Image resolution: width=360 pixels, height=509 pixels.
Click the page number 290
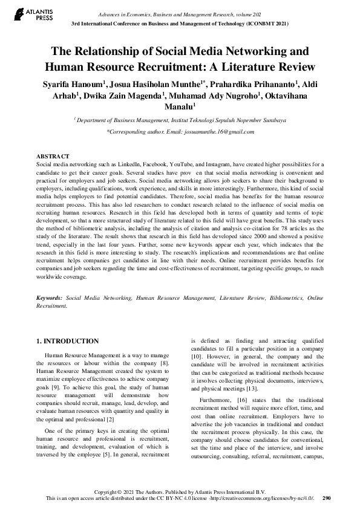click(327, 499)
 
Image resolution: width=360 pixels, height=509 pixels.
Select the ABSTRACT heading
click(53, 156)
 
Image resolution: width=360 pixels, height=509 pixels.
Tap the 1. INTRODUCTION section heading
click(67, 342)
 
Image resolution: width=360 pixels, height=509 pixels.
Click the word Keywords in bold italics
click(49, 299)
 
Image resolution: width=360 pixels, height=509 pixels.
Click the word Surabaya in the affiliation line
click(273, 120)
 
